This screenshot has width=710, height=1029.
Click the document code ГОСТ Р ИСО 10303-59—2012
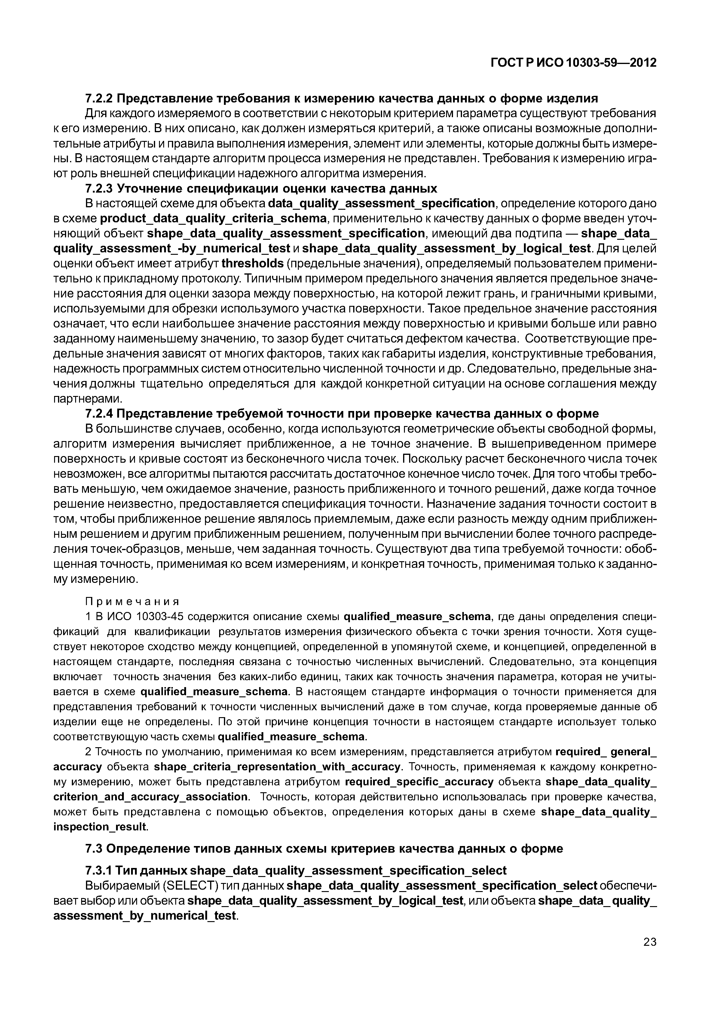coord(574,63)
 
